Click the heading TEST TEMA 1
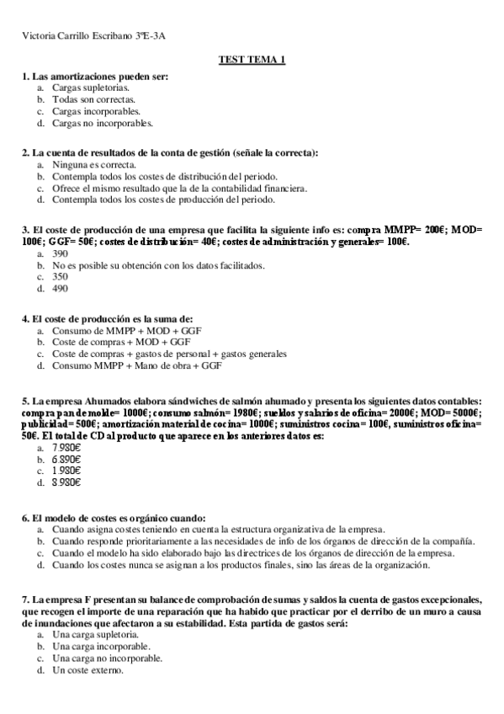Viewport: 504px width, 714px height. pyautogui.click(x=252, y=60)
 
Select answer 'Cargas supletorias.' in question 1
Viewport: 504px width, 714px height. pyautogui.click(x=91, y=87)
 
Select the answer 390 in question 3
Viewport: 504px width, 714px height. pyautogui.click(x=60, y=253)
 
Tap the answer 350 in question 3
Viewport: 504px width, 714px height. pyautogui.click(x=60, y=276)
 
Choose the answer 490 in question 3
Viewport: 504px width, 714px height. pyautogui.click(x=60, y=289)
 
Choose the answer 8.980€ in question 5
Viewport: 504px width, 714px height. pyautogui.click(x=66, y=483)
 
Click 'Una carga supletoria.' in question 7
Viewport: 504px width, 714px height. pyautogui.click(x=95, y=634)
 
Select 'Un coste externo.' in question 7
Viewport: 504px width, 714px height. pyautogui.click(x=88, y=670)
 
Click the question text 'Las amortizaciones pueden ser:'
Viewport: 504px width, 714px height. pyautogui.click(x=100, y=76)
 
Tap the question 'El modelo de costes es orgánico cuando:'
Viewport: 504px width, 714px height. pyautogui.click(x=119, y=518)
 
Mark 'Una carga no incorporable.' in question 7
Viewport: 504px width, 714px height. pyautogui.click(x=107, y=658)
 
